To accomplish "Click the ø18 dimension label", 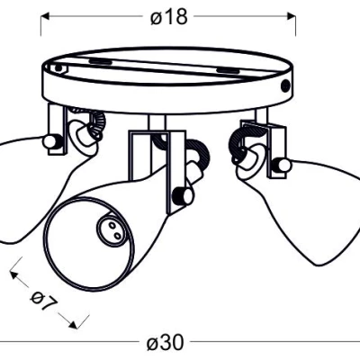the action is point(169,16).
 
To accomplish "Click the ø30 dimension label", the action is point(165,342).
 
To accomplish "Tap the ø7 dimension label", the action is point(44,300).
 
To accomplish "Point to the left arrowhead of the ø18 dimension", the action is point(45,16).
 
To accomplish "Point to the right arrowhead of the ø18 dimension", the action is point(292,16).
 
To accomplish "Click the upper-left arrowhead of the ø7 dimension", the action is point(13,275).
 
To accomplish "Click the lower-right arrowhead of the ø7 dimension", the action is point(73,325).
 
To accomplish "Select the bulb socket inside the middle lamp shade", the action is point(111,230).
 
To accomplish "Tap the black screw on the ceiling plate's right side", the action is point(285,85).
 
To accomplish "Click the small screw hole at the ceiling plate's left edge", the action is point(58,68).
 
